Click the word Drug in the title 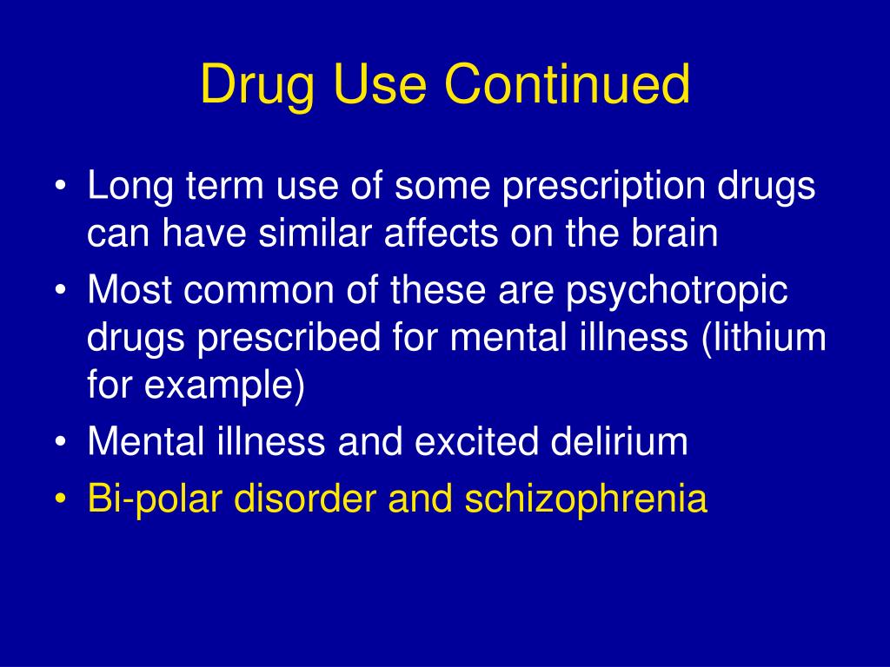(257, 86)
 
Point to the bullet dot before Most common (61, 290)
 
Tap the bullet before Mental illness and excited (61, 441)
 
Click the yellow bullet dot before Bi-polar (61, 499)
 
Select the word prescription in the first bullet (603, 188)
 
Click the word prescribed (289, 338)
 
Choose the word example (225, 386)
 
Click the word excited (476, 440)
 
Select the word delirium (619, 440)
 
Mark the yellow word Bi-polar (155, 499)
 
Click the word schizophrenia (586, 499)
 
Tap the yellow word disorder (305, 498)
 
